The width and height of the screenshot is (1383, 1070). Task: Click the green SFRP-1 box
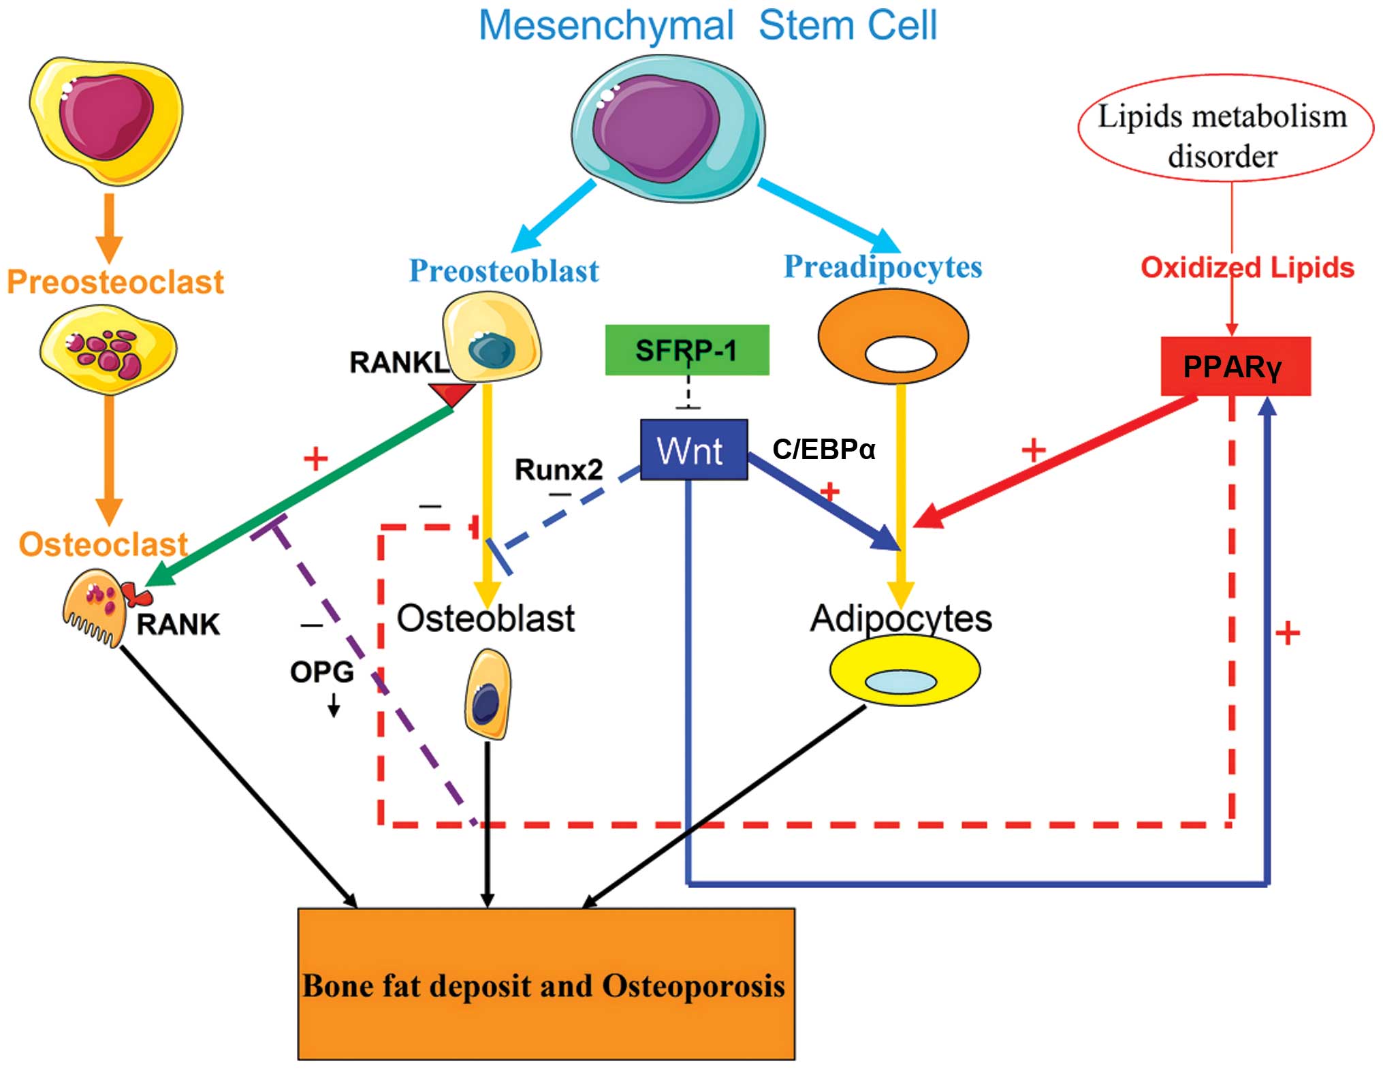(686, 349)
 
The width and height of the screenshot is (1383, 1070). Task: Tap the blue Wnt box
(693, 450)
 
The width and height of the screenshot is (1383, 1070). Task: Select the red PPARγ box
(1235, 366)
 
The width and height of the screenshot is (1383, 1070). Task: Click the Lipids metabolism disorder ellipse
(1224, 128)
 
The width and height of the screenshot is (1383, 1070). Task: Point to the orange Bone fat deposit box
(545, 984)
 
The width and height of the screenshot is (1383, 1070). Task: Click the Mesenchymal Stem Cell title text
(708, 26)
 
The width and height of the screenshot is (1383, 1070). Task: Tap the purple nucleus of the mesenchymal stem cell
(655, 128)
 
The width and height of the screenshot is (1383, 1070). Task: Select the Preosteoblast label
(503, 271)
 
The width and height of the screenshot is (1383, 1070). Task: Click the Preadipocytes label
(883, 267)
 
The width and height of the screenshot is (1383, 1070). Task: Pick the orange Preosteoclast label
(115, 282)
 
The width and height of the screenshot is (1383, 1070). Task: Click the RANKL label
(398, 362)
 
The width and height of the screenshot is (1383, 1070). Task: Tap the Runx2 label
(558, 469)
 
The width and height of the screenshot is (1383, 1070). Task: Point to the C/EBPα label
(823, 450)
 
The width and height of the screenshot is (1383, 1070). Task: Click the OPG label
(321, 672)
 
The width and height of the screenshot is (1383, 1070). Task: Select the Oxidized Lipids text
(1247, 268)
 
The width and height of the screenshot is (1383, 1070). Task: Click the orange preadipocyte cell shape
(893, 338)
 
